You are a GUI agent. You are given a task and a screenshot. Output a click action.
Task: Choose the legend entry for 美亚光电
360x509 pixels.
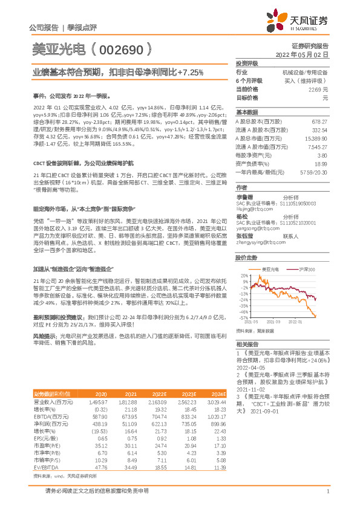pyautogui.click(x=270, y=268)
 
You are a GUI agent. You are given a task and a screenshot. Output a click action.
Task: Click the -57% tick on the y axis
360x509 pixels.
pyautogui.click(x=243, y=317)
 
